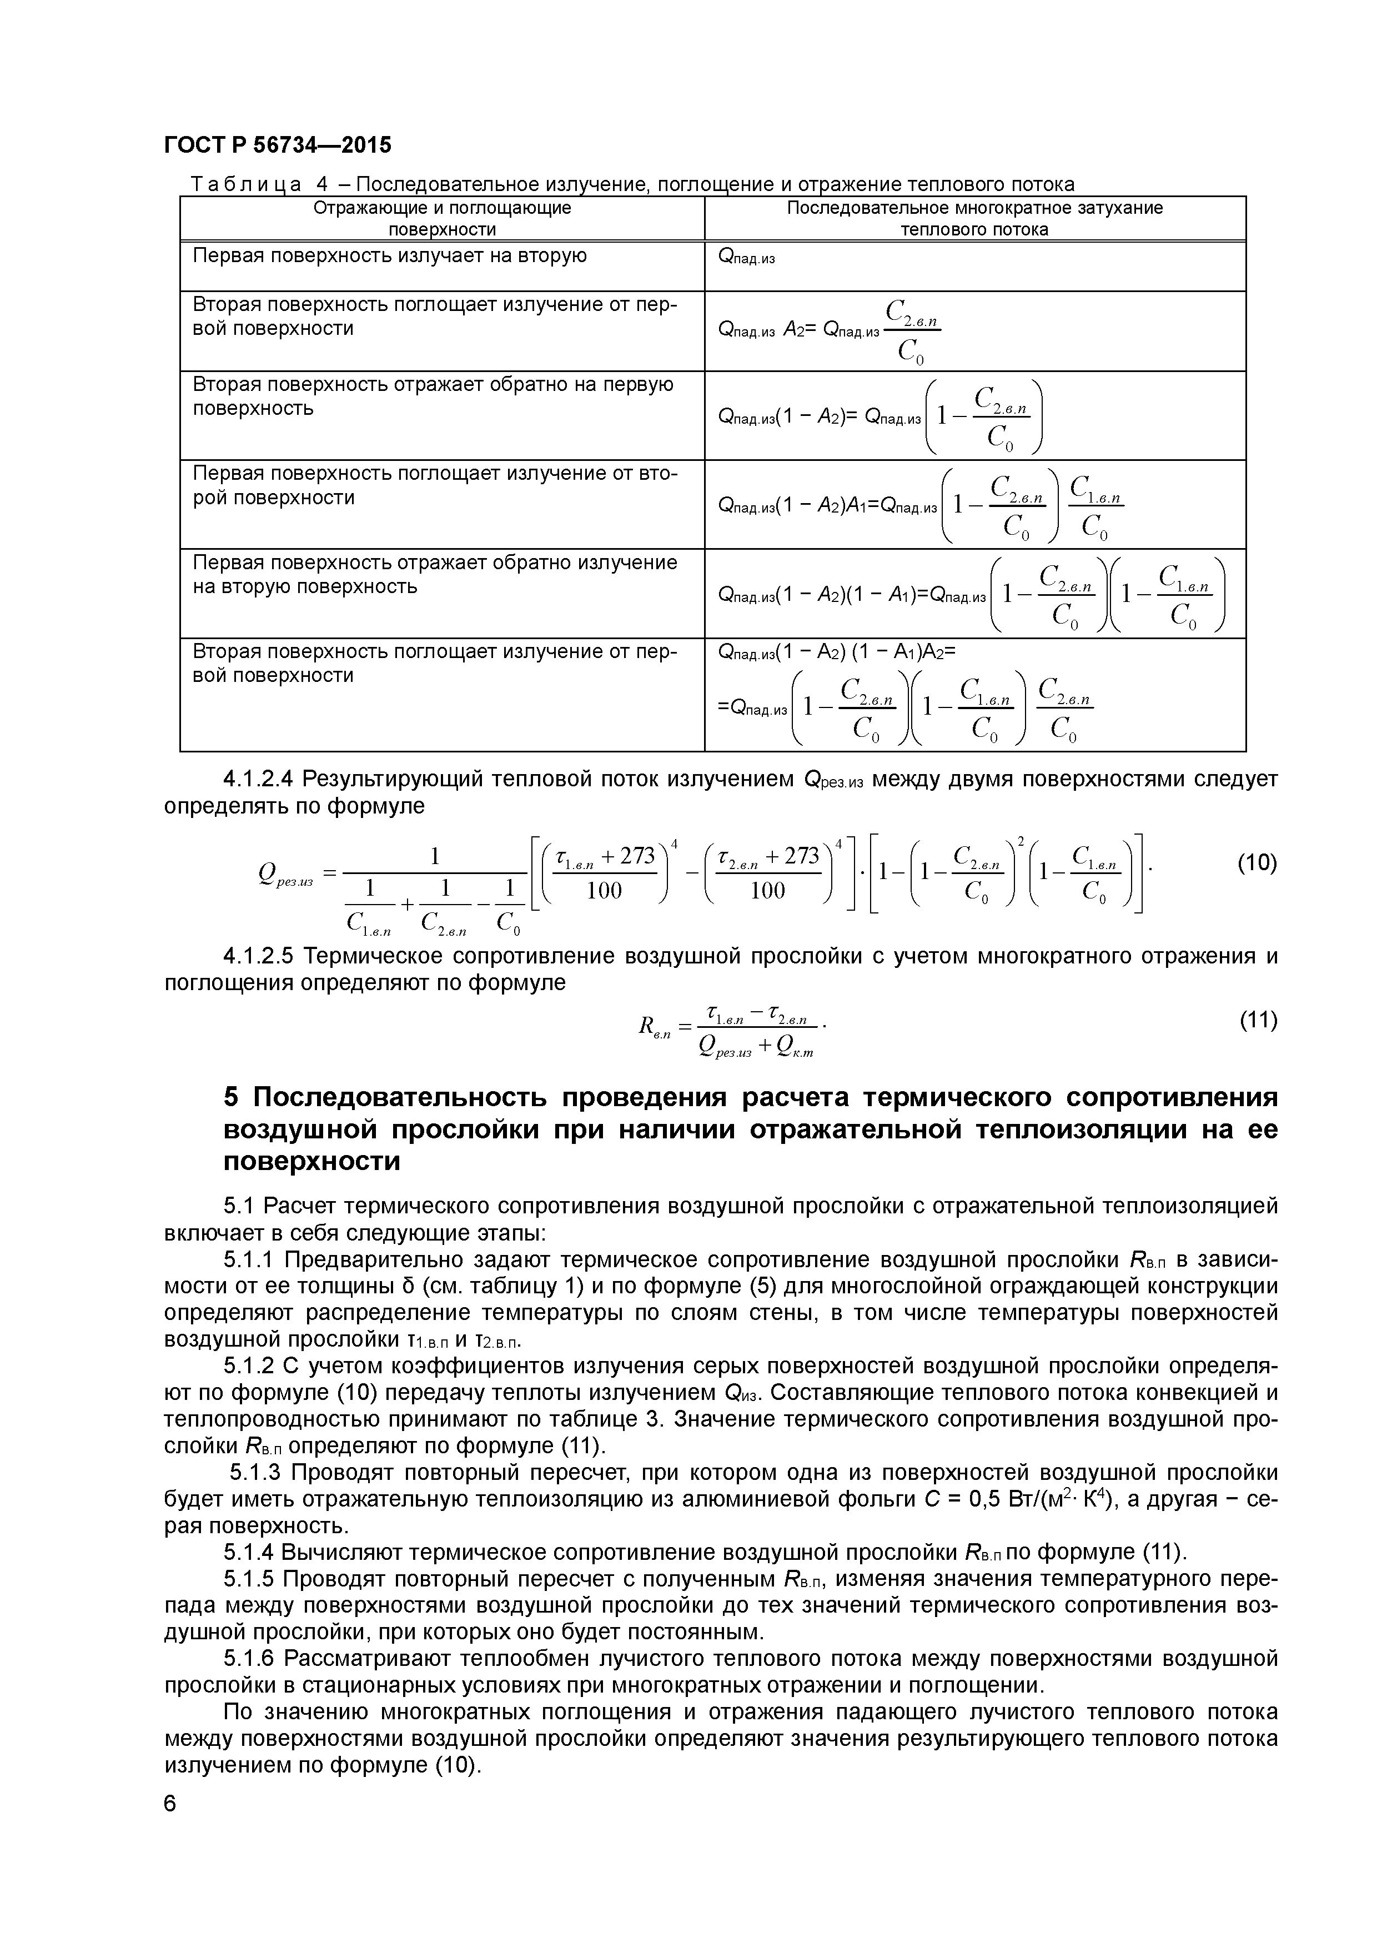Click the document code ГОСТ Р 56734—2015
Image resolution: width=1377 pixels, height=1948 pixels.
click(x=278, y=145)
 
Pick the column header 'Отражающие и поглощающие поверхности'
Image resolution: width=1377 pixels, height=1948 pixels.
click(x=442, y=218)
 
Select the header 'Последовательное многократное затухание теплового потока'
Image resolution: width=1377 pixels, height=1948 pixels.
click(x=974, y=218)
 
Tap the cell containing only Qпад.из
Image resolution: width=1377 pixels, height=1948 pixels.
click(x=747, y=257)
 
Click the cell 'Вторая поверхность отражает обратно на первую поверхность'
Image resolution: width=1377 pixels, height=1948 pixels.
click(x=433, y=396)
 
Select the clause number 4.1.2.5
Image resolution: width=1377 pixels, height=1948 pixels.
click(x=258, y=956)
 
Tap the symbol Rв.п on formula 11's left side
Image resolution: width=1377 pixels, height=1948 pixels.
click(x=654, y=1028)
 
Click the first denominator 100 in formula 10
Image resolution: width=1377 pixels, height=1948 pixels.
click(x=604, y=890)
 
